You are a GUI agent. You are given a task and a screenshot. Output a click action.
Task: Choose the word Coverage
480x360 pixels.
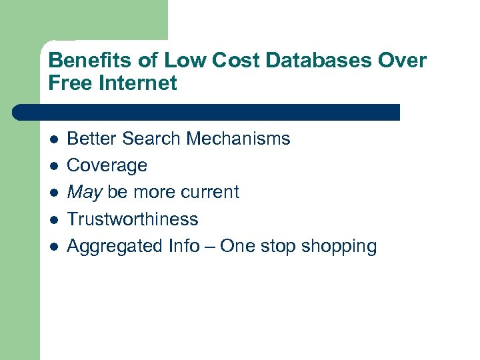coord(107,166)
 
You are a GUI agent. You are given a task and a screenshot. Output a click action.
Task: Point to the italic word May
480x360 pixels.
coord(85,193)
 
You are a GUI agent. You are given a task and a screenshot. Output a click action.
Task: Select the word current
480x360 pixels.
coord(210,192)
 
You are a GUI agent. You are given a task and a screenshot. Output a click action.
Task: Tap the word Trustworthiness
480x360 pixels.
coord(133,219)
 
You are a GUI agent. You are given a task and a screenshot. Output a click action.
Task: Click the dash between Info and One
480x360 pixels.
coord(210,246)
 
